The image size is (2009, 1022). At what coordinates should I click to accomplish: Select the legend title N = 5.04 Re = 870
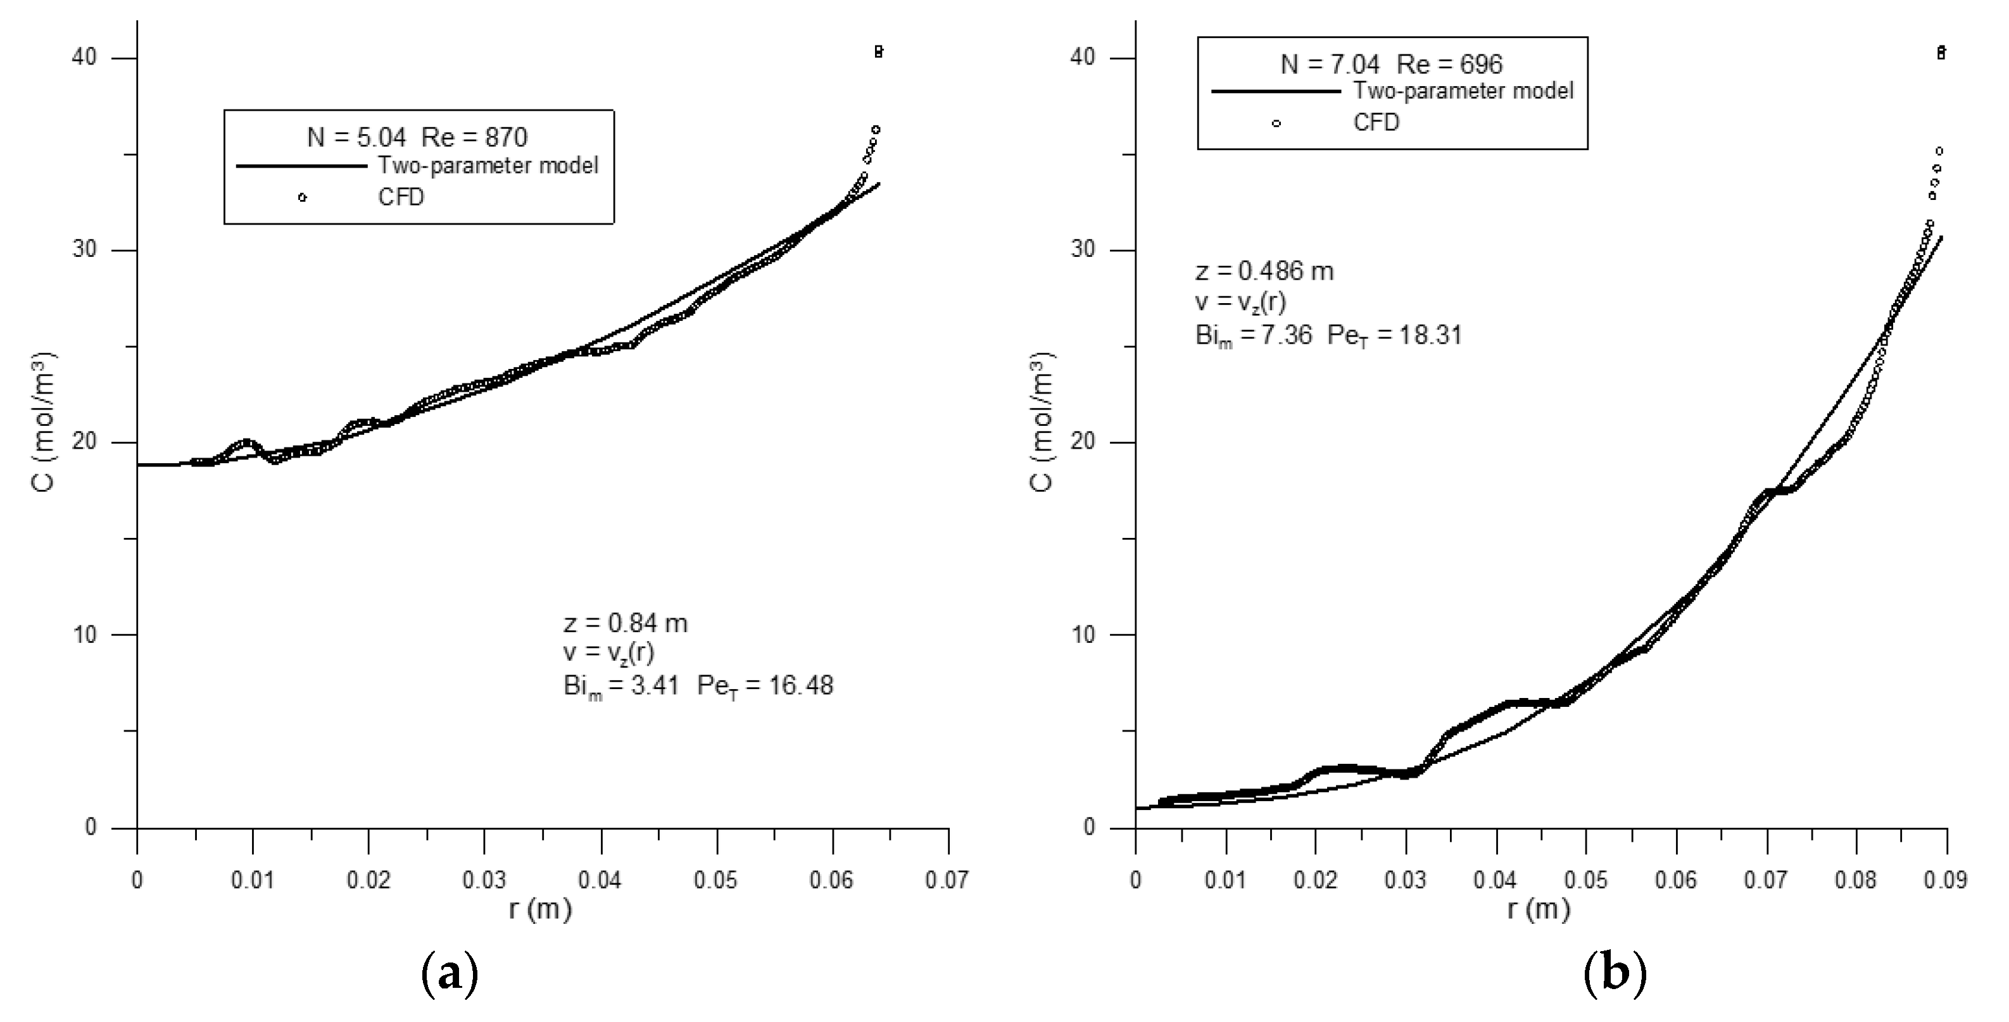tap(417, 137)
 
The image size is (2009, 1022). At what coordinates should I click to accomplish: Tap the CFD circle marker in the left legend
tap(303, 197)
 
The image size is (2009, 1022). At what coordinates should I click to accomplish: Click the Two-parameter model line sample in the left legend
tap(302, 166)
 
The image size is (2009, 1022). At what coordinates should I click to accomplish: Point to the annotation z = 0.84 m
tap(626, 623)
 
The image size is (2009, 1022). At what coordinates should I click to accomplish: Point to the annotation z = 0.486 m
tap(1264, 271)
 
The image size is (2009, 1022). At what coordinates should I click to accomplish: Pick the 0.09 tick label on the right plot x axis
tap(1945, 881)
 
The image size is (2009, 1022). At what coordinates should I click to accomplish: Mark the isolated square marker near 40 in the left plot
tap(879, 53)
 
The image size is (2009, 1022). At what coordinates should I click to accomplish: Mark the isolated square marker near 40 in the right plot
tap(1941, 53)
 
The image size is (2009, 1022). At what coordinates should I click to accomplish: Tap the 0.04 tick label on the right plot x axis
tap(1495, 881)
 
